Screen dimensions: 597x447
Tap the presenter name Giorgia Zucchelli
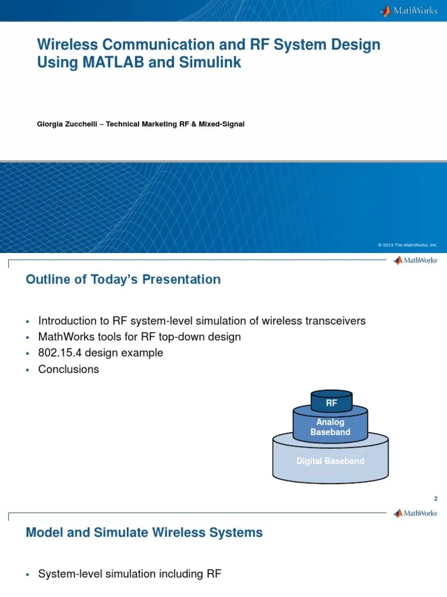click(70, 124)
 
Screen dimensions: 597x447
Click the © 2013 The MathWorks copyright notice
click(407, 245)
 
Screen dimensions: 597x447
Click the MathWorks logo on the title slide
click(409, 10)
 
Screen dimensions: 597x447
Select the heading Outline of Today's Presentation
click(123, 279)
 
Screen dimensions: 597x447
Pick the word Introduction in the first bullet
click(67, 321)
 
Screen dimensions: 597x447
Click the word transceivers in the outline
click(335, 321)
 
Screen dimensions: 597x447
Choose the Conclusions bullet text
click(69, 370)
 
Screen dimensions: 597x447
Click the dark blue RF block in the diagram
click(331, 402)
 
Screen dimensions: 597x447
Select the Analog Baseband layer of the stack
click(330, 427)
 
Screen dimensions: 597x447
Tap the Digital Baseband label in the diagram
click(330, 461)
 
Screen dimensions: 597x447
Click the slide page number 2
click(435, 498)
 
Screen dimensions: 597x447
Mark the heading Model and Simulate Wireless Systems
click(144, 532)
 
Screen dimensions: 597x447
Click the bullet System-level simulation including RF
click(129, 574)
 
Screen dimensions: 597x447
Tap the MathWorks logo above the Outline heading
click(415, 261)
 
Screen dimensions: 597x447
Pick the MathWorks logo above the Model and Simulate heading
click(415, 513)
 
